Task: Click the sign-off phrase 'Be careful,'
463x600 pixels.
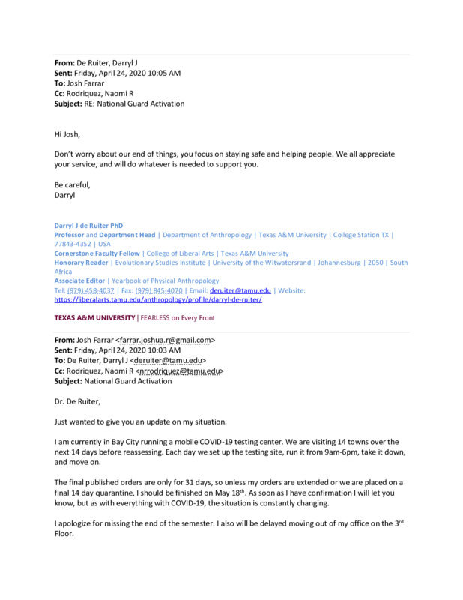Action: point(73,184)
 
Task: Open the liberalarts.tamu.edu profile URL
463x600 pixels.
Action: point(158,299)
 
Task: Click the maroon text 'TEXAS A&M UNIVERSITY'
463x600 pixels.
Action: point(94,318)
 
